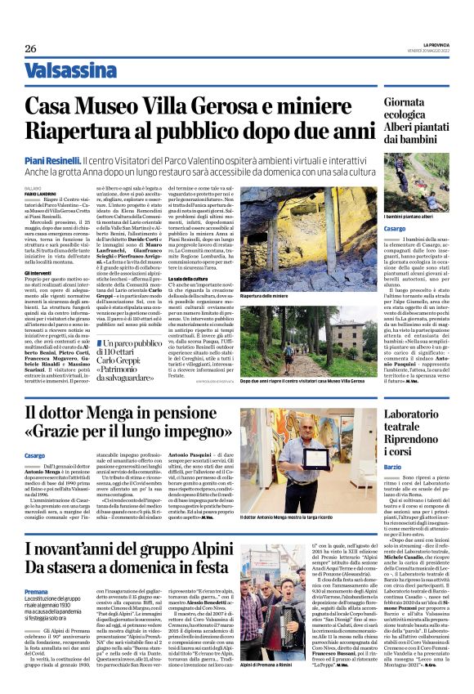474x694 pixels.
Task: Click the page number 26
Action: click(31, 48)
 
